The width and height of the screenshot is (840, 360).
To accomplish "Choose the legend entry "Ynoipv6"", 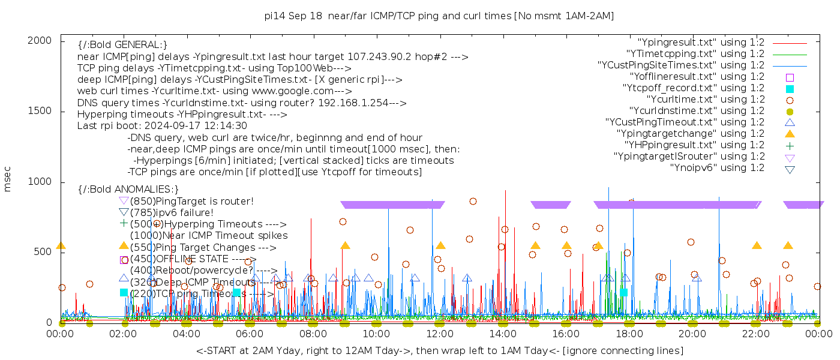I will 717,168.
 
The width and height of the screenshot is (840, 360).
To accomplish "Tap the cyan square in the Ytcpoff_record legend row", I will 790,88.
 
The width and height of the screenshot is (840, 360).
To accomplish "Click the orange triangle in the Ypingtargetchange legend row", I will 790,134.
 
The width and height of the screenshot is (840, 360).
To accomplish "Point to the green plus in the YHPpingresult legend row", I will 790,145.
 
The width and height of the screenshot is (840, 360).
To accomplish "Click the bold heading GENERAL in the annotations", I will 122,45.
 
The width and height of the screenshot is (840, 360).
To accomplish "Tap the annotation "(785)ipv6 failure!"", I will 172,212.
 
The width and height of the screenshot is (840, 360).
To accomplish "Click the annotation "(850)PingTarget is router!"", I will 191,201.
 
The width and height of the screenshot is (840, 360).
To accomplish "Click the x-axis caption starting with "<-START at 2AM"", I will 439,350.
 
